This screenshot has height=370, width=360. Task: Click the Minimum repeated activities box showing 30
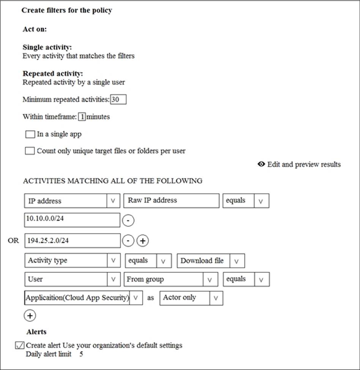point(118,100)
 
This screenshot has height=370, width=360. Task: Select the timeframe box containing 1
point(82,117)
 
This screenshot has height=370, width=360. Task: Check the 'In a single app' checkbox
point(30,134)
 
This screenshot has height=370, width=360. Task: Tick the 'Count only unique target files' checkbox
point(30,151)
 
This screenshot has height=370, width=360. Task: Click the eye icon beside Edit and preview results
point(261,164)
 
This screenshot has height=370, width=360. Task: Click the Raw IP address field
point(171,201)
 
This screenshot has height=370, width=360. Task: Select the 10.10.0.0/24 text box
point(72,220)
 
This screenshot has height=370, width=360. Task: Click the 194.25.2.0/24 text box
point(72,241)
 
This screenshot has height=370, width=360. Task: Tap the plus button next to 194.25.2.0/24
point(142,241)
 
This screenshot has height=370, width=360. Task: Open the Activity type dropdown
point(72,261)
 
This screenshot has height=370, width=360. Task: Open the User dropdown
point(72,279)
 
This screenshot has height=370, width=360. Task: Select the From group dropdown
point(169,279)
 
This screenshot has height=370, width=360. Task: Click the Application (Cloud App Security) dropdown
point(83,298)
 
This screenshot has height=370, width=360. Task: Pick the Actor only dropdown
point(191,298)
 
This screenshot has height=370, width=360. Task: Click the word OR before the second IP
point(13,241)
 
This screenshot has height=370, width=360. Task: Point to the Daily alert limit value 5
point(81,354)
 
